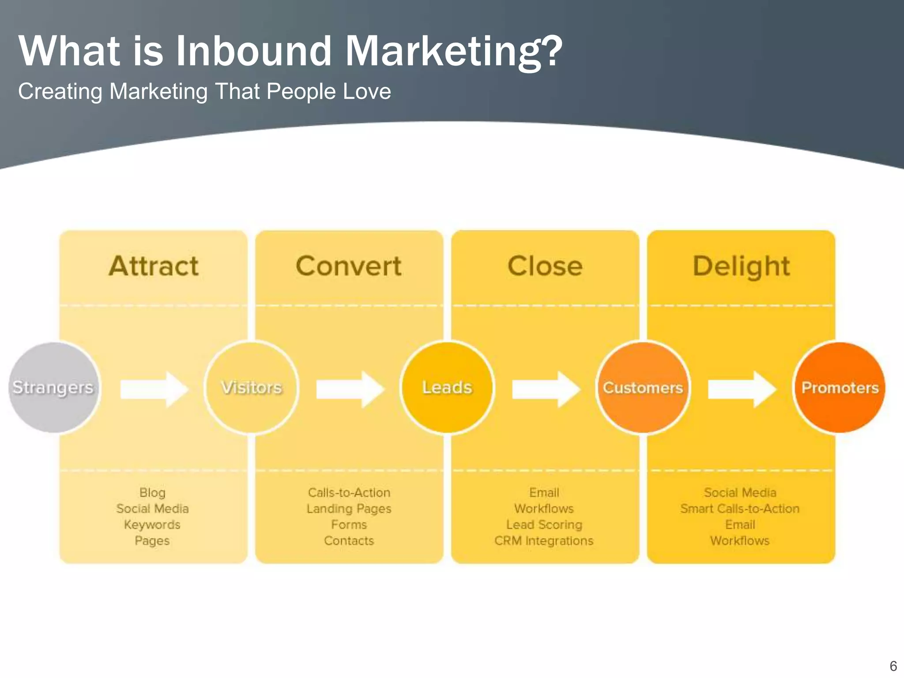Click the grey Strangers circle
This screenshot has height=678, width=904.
(53, 388)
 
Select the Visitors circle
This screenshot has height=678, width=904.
(251, 388)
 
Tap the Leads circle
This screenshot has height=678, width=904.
(447, 388)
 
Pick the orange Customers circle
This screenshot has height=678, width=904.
(643, 388)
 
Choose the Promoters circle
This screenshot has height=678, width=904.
(840, 388)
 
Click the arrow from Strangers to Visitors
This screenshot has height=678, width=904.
(154, 389)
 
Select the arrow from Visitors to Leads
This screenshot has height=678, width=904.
(350, 389)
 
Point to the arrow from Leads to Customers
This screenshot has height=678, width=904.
(546, 389)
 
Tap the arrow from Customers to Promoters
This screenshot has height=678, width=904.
(742, 389)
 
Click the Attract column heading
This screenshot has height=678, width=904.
(154, 266)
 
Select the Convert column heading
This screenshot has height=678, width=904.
(349, 266)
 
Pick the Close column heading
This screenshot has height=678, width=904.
(545, 266)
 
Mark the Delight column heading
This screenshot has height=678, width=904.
(741, 267)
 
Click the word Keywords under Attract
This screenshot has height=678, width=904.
(152, 525)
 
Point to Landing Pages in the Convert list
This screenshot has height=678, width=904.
(349, 509)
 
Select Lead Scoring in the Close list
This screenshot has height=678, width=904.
(544, 525)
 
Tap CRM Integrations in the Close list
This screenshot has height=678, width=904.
(544, 541)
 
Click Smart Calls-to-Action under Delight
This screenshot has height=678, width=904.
(740, 509)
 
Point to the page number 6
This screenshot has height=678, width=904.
(893, 666)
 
